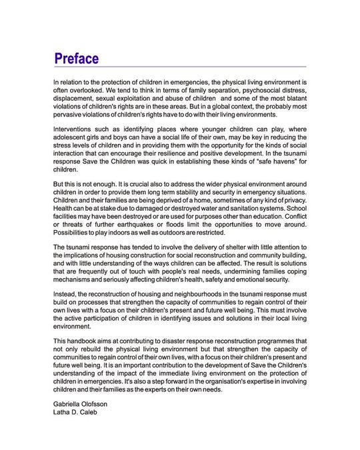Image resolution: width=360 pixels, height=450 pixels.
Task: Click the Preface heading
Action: (77, 58)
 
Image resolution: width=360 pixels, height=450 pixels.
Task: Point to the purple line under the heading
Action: (180, 67)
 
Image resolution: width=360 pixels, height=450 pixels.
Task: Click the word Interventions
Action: (76, 131)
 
